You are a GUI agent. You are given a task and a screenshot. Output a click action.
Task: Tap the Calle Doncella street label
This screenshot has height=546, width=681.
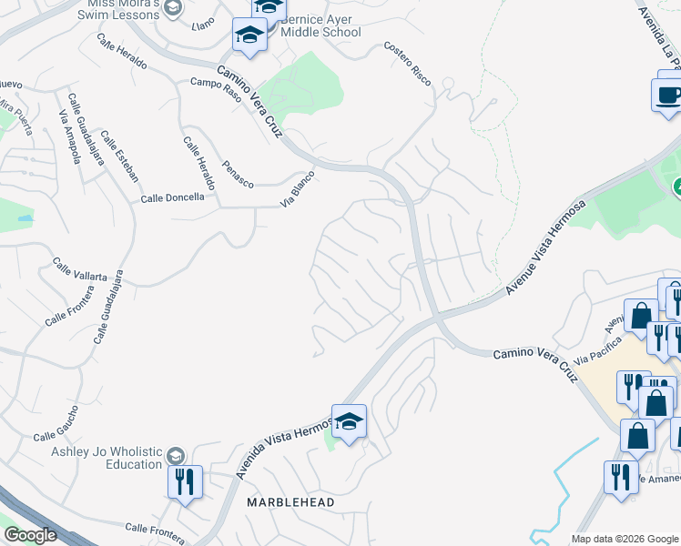point(172,197)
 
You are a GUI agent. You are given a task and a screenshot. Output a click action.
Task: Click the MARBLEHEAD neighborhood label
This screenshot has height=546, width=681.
point(290,502)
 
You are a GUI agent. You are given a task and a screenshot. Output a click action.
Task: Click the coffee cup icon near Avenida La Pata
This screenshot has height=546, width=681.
point(667,94)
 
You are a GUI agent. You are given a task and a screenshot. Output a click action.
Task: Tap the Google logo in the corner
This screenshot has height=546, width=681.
point(31,535)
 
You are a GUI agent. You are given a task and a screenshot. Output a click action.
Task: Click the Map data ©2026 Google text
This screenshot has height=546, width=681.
point(624,539)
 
